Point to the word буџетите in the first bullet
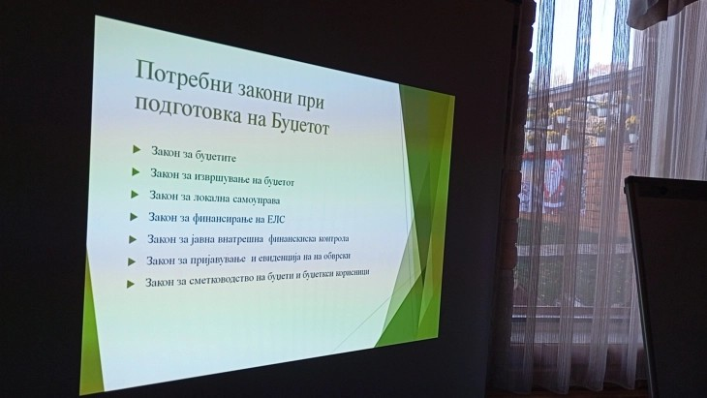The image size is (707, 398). (212, 155)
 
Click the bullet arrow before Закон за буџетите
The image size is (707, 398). (137, 149)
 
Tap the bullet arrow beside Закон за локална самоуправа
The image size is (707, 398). (135, 195)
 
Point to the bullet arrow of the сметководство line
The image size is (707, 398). (130, 283)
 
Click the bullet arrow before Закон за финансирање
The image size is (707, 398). (134, 217)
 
